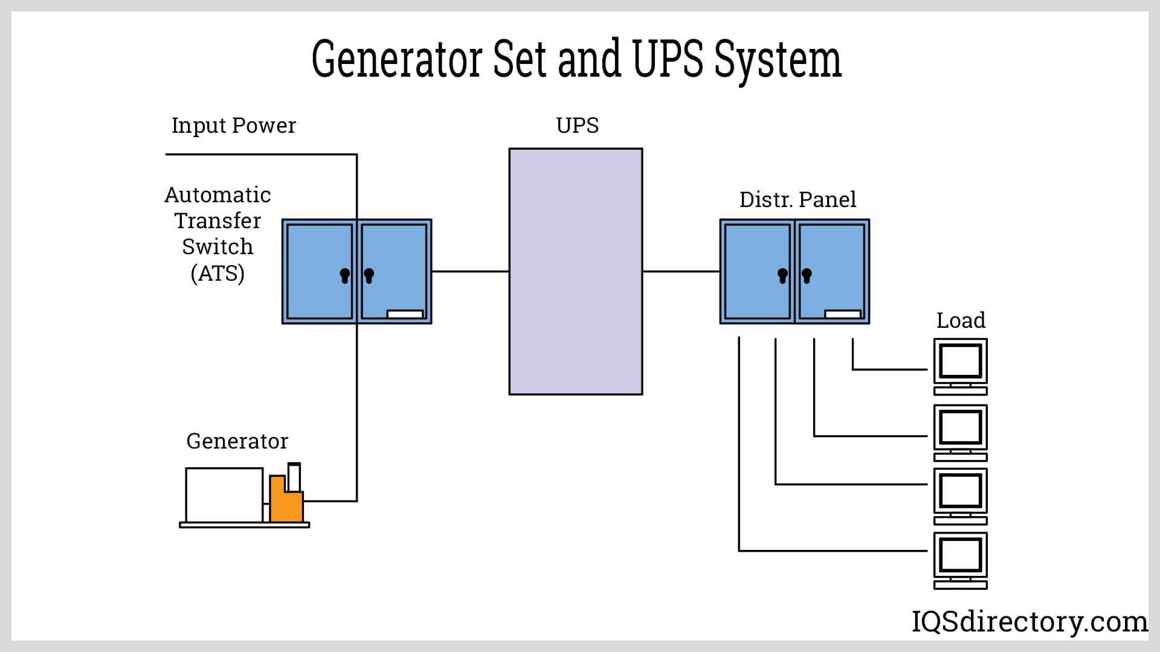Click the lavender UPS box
click(x=575, y=272)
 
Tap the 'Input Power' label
click(x=234, y=126)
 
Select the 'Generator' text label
click(x=237, y=441)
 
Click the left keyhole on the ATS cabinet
click(x=345, y=276)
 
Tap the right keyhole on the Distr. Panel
click(x=807, y=276)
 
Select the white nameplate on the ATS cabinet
click(x=405, y=314)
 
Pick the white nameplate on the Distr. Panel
click(x=843, y=314)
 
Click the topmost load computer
click(x=960, y=366)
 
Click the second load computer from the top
click(x=960, y=432)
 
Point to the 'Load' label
click(x=961, y=320)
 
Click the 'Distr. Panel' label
click(x=797, y=200)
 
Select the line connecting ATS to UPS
click(x=470, y=272)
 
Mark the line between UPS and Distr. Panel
click(x=681, y=272)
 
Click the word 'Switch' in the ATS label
click(x=217, y=247)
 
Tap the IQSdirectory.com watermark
click(x=1029, y=622)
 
